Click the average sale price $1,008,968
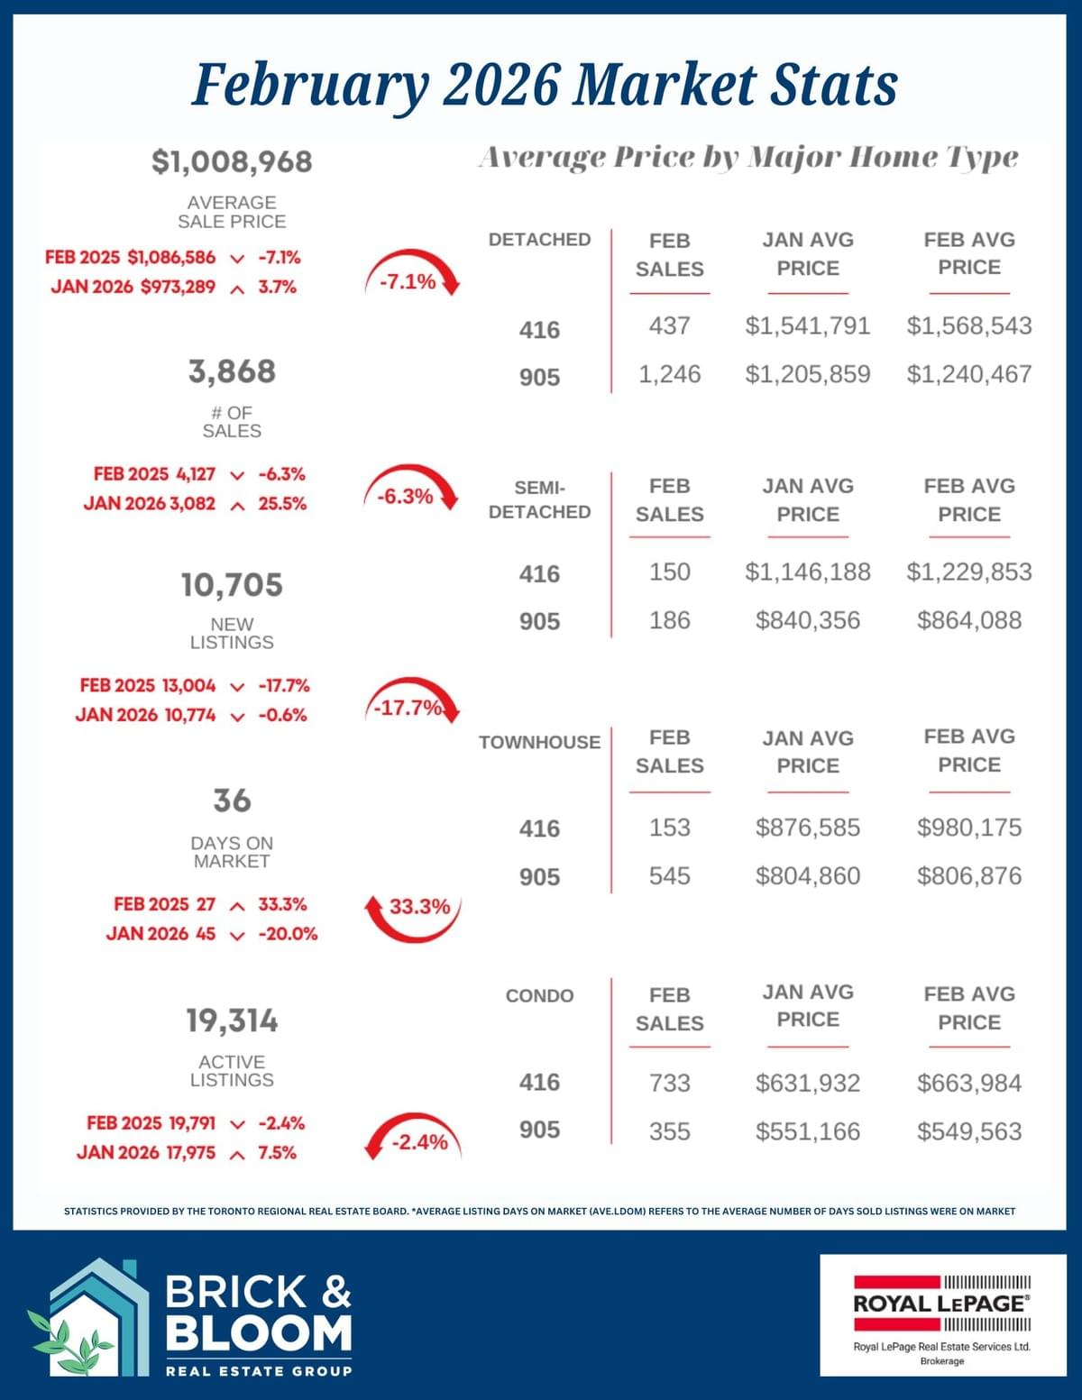pyautogui.click(x=232, y=162)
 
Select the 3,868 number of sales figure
pyautogui.click(x=232, y=371)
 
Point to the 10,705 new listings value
pyautogui.click(x=232, y=585)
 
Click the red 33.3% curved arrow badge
pyautogui.click(x=414, y=910)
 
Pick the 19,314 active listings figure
pyautogui.click(x=232, y=1021)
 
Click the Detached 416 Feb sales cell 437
pyautogui.click(x=669, y=325)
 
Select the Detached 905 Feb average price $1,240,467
pyautogui.click(x=969, y=374)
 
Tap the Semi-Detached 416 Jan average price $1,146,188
pyautogui.click(x=807, y=572)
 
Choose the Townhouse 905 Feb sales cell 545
pyautogui.click(x=669, y=876)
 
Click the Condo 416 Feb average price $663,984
pyautogui.click(x=969, y=1083)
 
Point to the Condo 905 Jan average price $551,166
pyautogui.click(x=807, y=1131)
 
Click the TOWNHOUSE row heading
pyautogui.click(x=539, y=742)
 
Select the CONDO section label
pyautogui.click(x=539, y=995)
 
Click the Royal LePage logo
pyautogui.click(x=942, y=1314)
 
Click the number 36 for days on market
pyautogui.click(x=232, y=801)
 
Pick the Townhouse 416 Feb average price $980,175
pyautogui.click(x=969, y=828)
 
